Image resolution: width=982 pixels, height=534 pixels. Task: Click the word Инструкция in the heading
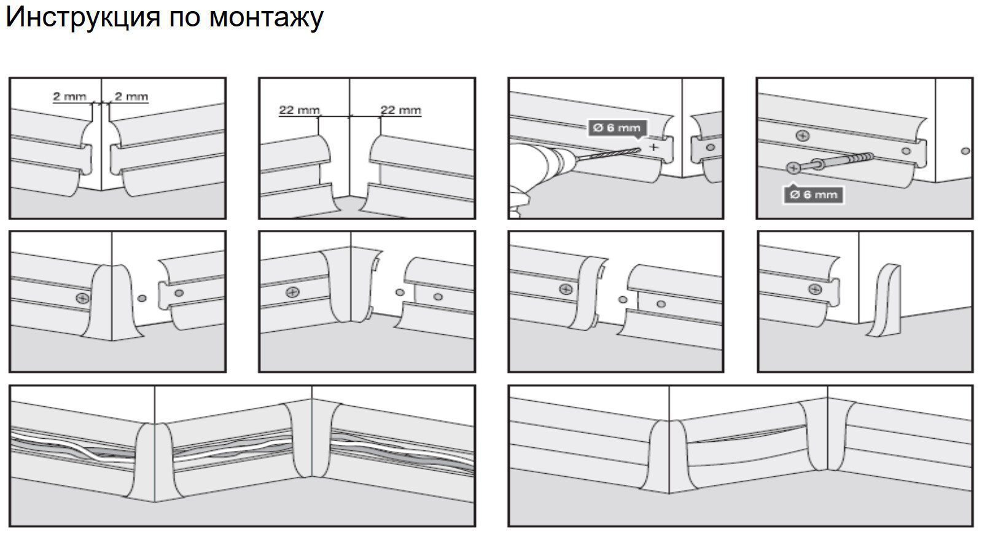[84, 18]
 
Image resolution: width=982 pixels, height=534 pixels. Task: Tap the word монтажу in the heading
[267, 19]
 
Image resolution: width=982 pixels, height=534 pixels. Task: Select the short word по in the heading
[185, 18]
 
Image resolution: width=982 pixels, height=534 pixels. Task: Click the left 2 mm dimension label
[70, 96]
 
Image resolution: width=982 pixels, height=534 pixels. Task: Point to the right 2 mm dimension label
[131, 96]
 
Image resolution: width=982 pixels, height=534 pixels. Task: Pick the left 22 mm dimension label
[300, 110]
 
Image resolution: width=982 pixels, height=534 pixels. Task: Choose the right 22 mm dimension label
[400, 110]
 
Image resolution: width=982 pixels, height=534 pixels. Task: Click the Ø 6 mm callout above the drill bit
[617, 128]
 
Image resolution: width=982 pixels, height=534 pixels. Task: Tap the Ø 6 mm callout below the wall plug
[814, 195]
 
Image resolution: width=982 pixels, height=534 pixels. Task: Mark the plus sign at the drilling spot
[653, 147]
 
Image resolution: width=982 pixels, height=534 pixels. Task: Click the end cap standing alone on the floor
[885, 300]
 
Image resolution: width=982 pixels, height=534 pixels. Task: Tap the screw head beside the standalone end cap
[815, 289]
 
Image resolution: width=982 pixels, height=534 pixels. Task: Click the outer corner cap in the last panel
[669, 456]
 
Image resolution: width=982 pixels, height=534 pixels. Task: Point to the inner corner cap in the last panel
[827, 436]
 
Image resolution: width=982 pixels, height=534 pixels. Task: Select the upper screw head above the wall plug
[803, 136]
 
